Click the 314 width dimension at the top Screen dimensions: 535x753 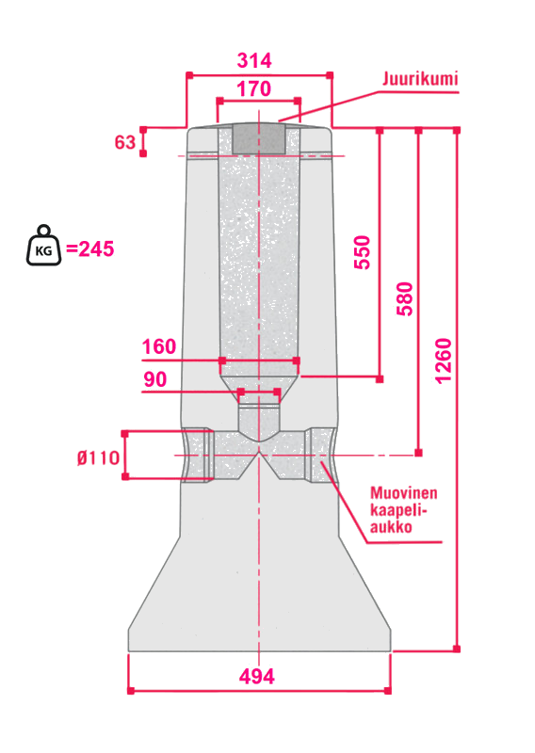click(254, 60)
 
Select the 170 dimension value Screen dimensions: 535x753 click(253, 88)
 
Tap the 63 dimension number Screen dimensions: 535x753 click(125, 142)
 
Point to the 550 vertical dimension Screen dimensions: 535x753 click(363, 252)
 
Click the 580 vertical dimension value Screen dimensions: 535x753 click(405, 298)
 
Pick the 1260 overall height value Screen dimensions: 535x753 click(444, 360)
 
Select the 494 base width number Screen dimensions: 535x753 click(257, 676)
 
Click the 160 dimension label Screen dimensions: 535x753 click(159, 346)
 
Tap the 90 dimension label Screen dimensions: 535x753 click(155, 379)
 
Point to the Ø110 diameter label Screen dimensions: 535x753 click(99, 457)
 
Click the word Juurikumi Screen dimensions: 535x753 click(420, 78)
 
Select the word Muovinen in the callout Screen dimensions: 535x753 click(404, 492)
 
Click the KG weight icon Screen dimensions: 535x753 click(43, 246)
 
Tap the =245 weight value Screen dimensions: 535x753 click(89, 249)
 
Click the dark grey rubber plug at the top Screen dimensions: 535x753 click(259, 138)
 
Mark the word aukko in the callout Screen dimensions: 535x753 click(391, 527)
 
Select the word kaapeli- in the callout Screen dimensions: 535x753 click(398, 510)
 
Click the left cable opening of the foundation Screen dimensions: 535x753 click(198, 456)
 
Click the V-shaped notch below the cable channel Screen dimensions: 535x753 click(260, 466)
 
